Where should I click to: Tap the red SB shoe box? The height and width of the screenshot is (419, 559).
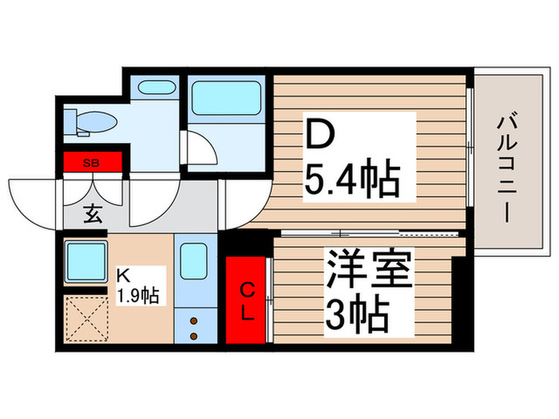click(93, 163)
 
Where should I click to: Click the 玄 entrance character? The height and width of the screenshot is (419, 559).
click(93, 214)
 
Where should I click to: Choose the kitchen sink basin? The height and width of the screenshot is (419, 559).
click(192, 260)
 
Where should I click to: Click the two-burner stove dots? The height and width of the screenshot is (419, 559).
click(192, 327)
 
